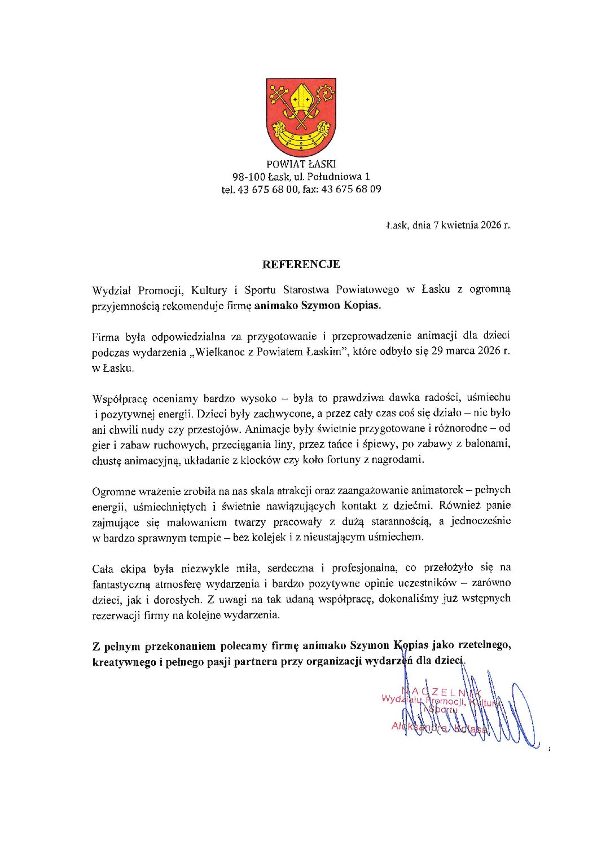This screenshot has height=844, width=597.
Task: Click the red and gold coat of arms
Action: pos(301,117)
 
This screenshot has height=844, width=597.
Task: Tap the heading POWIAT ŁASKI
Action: pos(301,164)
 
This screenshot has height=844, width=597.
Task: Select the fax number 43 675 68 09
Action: pos(351,189)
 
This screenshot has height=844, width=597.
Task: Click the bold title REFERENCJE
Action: pos(301,264)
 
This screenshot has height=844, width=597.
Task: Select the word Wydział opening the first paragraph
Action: pos(111,291)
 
